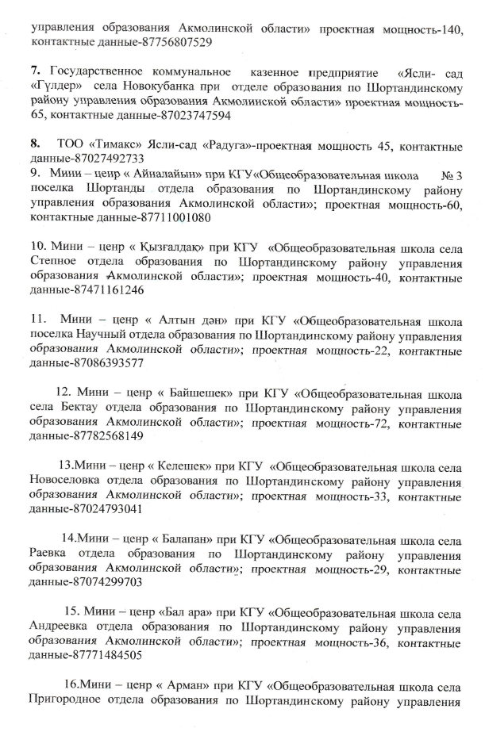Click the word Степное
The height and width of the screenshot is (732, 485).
click(x=56, y=261)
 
